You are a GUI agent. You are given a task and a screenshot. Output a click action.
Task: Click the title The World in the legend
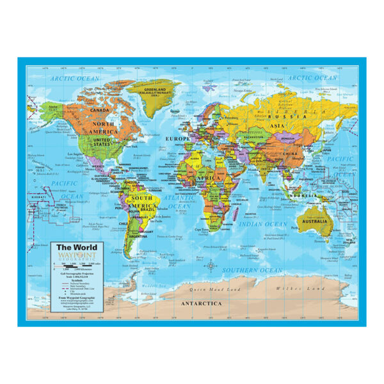[x=72, y=246]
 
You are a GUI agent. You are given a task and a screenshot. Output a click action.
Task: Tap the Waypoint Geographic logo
[x=73, y=255]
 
